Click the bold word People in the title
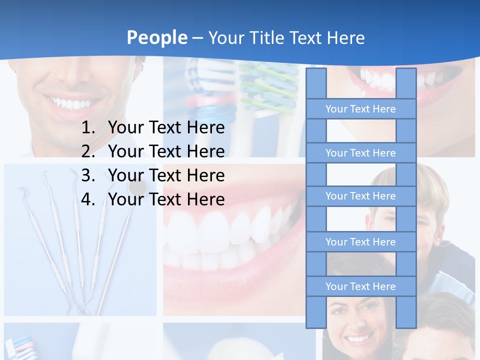tap(156, 37)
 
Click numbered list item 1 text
tap(166, 127)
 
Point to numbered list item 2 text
tap(166, 151)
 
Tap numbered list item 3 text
tap(166, 175)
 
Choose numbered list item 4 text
tap(166, 199)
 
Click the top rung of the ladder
tap(360, 109)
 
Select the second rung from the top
tap(360, 153)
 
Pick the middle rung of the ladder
tap(360, 196)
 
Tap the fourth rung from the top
tap(360, 242)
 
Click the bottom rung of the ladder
tap(360, 286)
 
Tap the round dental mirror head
tap(137, 187)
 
